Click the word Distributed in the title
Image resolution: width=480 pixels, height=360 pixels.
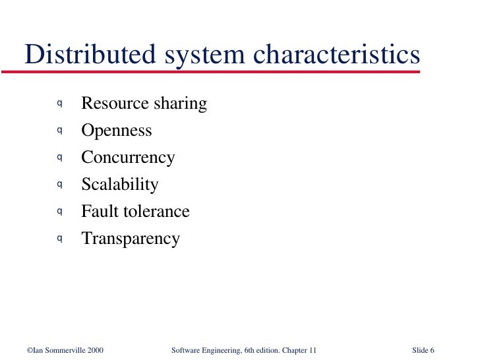tap(84, 55)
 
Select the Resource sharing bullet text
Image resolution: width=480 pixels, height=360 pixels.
tap(144, 104)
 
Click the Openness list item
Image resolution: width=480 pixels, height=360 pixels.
tap(116, 131)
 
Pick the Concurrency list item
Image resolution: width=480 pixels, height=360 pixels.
tap(128, 158)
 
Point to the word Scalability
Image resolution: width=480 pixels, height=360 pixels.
tap(119, 185)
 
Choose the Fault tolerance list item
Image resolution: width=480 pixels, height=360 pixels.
tap(135, 212)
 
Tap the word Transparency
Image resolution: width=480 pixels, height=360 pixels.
tap(130, 239)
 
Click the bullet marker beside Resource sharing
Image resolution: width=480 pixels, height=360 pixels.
tap(59, 103)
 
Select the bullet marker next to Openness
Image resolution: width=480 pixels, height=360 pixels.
tap(59, 130)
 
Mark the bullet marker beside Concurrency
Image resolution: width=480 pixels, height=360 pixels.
tap(59, 157)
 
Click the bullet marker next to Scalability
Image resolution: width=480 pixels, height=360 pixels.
tap(59, 184)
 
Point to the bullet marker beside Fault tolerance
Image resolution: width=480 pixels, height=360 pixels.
tap(59, 211)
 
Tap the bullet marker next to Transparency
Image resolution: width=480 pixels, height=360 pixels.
tap(59, 238)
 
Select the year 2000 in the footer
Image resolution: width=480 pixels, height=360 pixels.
tap(94, 349)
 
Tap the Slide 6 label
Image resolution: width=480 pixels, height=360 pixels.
tap(423, 349)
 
